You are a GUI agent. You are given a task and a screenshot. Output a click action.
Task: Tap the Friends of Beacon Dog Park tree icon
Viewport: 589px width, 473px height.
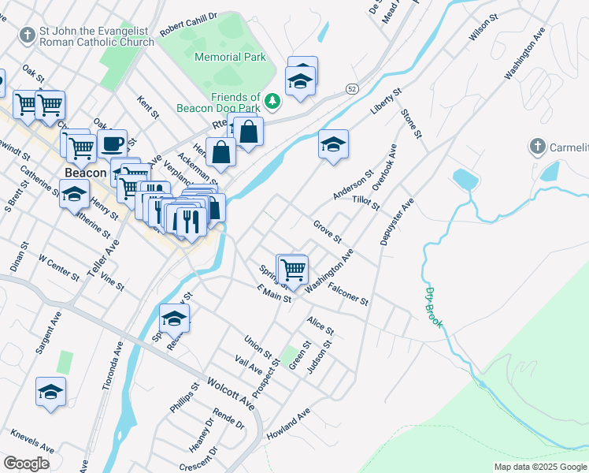click(x=272, y=100)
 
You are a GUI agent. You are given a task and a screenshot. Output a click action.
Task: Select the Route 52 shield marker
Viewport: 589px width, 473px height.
click(x=351, y=90)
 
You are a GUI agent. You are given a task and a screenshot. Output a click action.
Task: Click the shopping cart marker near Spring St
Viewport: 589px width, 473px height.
click(x=293, y=269)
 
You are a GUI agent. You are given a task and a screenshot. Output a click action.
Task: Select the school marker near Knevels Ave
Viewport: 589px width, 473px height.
click(x=51, y=392)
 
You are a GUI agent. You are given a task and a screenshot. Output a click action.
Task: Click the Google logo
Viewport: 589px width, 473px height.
click(x=26, y=464)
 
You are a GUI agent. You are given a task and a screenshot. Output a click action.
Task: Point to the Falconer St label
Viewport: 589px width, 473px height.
click(x=348, y=294)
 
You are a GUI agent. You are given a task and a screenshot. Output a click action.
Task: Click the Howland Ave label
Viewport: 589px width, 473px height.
click(x=288, y=424)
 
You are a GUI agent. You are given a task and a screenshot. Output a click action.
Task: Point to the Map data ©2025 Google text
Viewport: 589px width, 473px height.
click(x=539, y=467)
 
